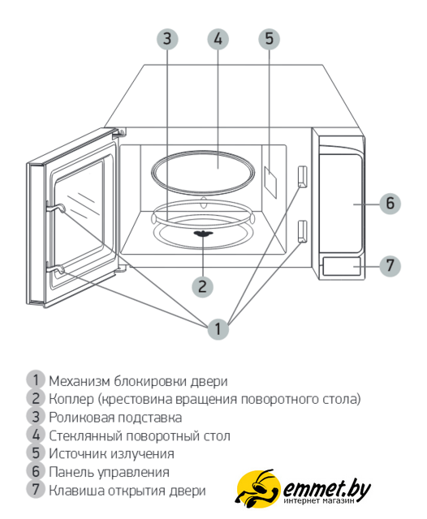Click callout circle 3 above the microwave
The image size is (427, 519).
point(167,39)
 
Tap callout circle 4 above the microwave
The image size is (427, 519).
point(218,39)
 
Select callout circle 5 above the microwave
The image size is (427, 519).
point(269,39)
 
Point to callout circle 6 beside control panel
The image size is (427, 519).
point(390,204)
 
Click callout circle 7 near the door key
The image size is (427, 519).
point(390,266)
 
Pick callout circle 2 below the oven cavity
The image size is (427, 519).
point(202,286)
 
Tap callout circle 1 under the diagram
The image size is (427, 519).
point(218,328)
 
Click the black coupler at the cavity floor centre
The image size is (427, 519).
point(203,234)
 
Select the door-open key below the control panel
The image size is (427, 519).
point(342,267)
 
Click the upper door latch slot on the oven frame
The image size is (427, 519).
point(302,177)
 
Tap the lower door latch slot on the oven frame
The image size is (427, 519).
point(302,232)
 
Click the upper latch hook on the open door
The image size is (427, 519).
point(55,208)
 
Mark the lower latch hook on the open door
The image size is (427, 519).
point(55,270)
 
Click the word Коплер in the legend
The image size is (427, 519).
point(71,400)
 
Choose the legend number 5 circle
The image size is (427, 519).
point(36,453)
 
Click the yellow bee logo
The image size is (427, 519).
point(257,487)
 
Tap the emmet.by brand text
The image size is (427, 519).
point(326,488)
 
